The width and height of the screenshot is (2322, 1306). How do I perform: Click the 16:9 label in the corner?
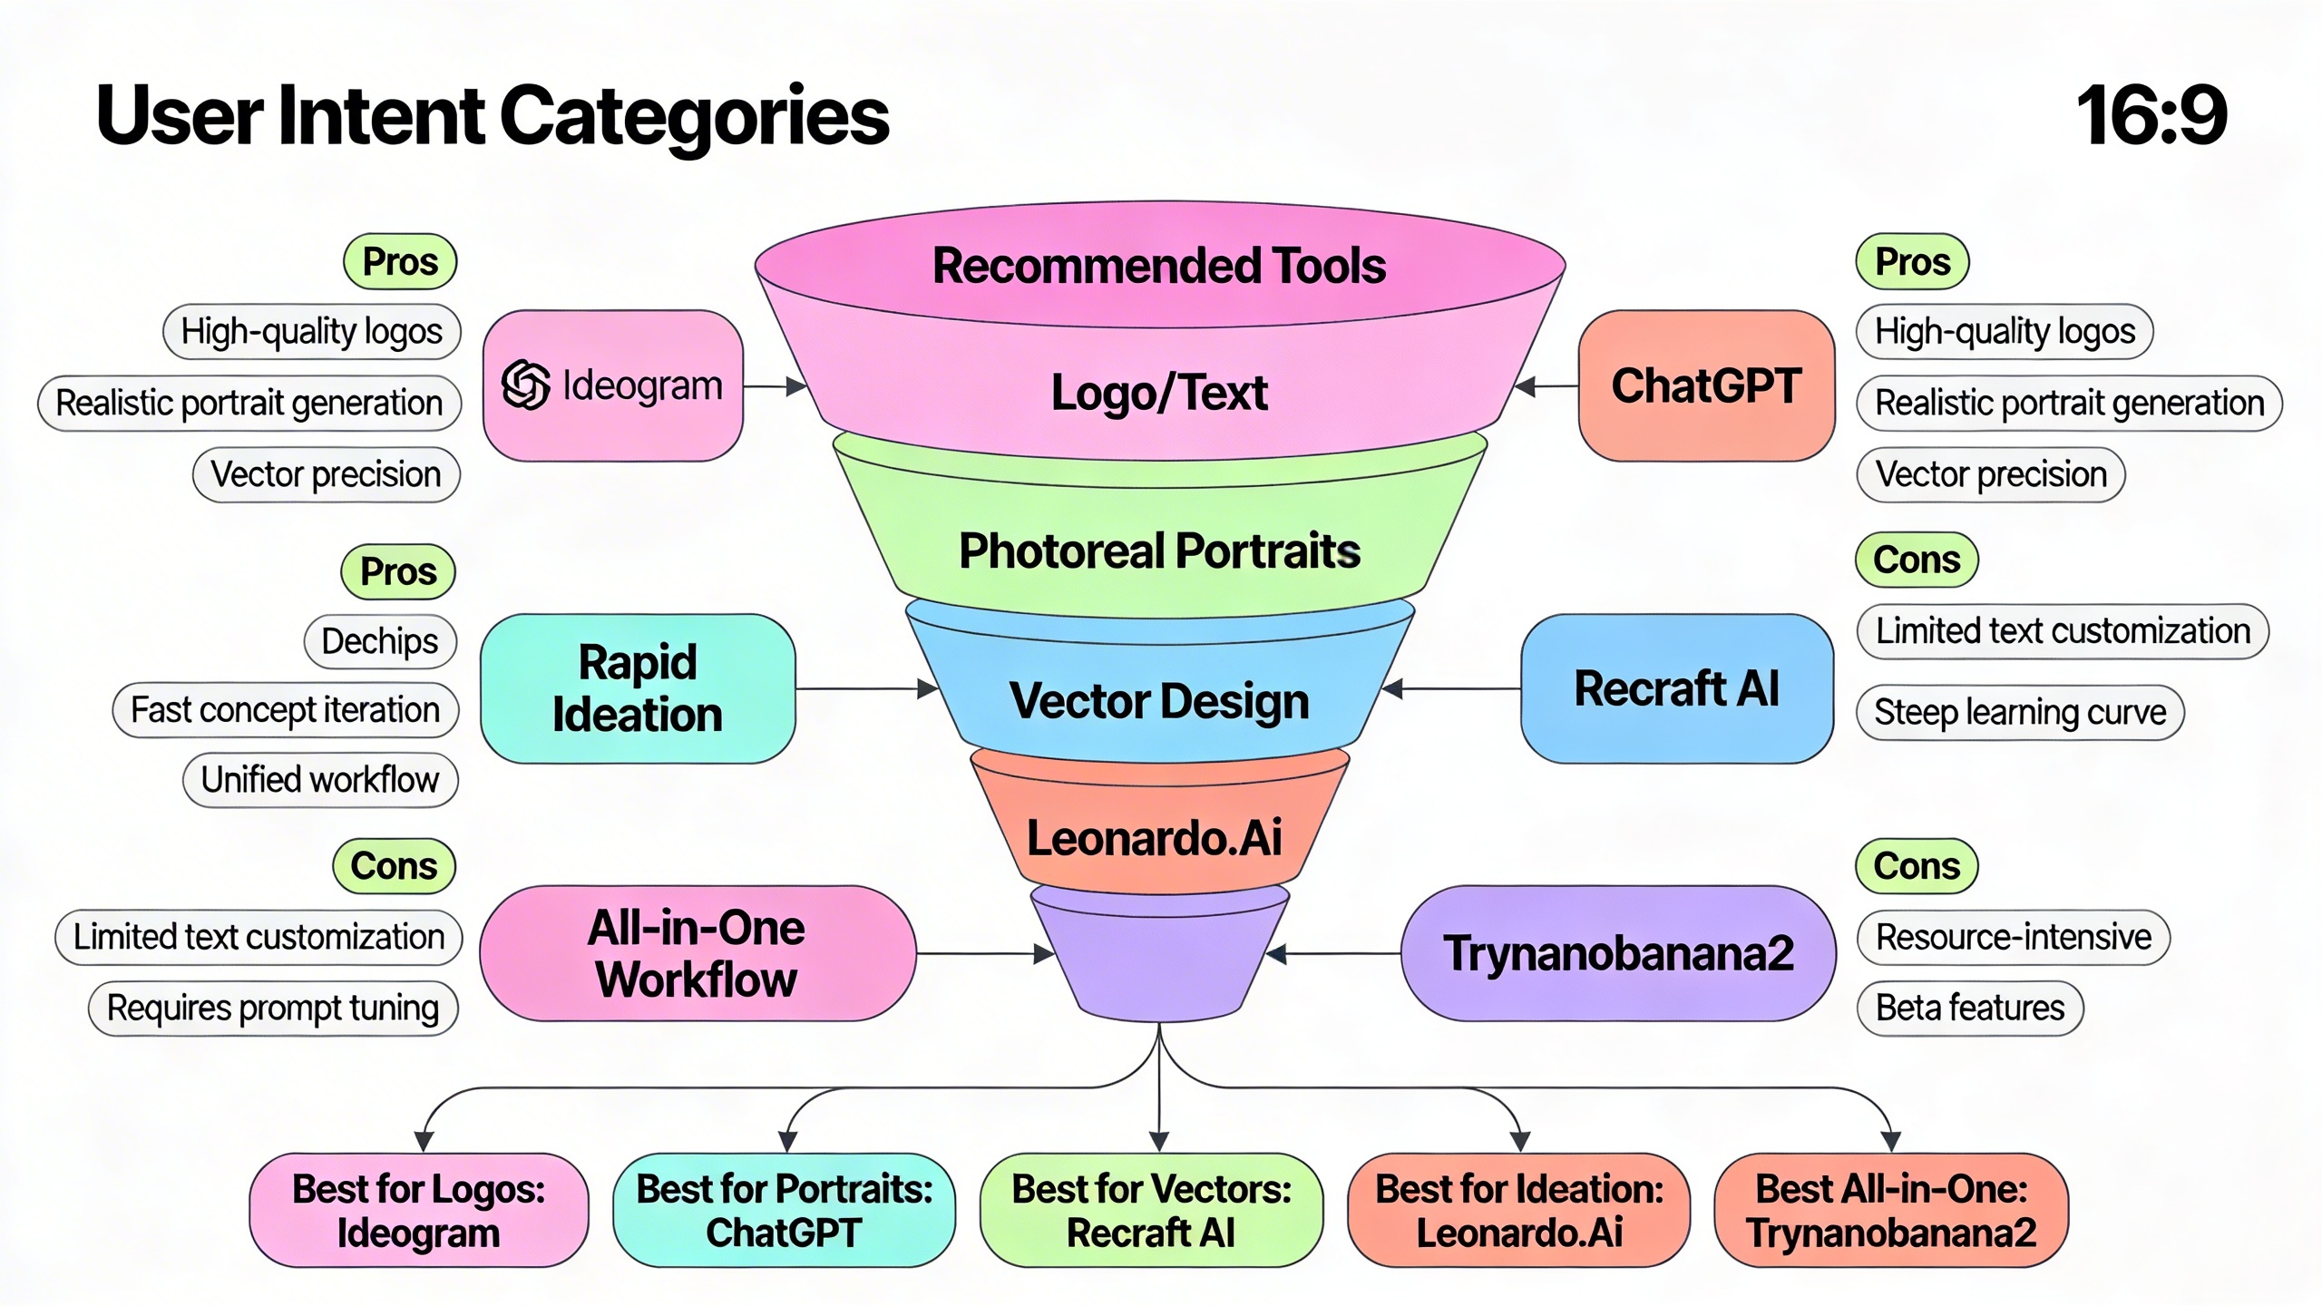point(2151,115)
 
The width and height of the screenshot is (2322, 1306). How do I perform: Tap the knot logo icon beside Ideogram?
point(526,385)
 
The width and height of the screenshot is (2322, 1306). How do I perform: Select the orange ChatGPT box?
point(1706,386)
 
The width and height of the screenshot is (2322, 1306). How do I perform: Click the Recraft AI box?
point(1676,688)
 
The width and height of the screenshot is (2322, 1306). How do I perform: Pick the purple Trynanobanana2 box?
point(1618,953)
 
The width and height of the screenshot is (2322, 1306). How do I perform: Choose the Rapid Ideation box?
point(638,688)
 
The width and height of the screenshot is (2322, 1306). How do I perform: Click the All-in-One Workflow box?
point(697,953)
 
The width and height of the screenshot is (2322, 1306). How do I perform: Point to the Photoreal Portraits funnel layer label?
point(1159,551)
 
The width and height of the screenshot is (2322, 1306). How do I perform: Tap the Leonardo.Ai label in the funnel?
point(1154,837)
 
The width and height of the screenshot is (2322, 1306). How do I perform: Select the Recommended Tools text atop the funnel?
point(1159,266)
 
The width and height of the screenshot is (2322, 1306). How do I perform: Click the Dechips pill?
point(380,641)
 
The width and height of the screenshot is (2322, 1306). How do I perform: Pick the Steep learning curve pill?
point(2020,712)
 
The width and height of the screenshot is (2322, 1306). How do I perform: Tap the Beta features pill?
point(1970,1008)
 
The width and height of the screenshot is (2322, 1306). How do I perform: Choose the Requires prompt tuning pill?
point(273,1008)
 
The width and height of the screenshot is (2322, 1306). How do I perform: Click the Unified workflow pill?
point(320,780)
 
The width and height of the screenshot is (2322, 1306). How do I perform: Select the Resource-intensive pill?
point(2014,937)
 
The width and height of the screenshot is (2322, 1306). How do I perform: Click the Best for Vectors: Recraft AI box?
point(1151,1210)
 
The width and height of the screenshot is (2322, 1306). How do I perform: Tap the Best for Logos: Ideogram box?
point(418,1210)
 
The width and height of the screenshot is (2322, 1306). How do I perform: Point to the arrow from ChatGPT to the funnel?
point(1547,386)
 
